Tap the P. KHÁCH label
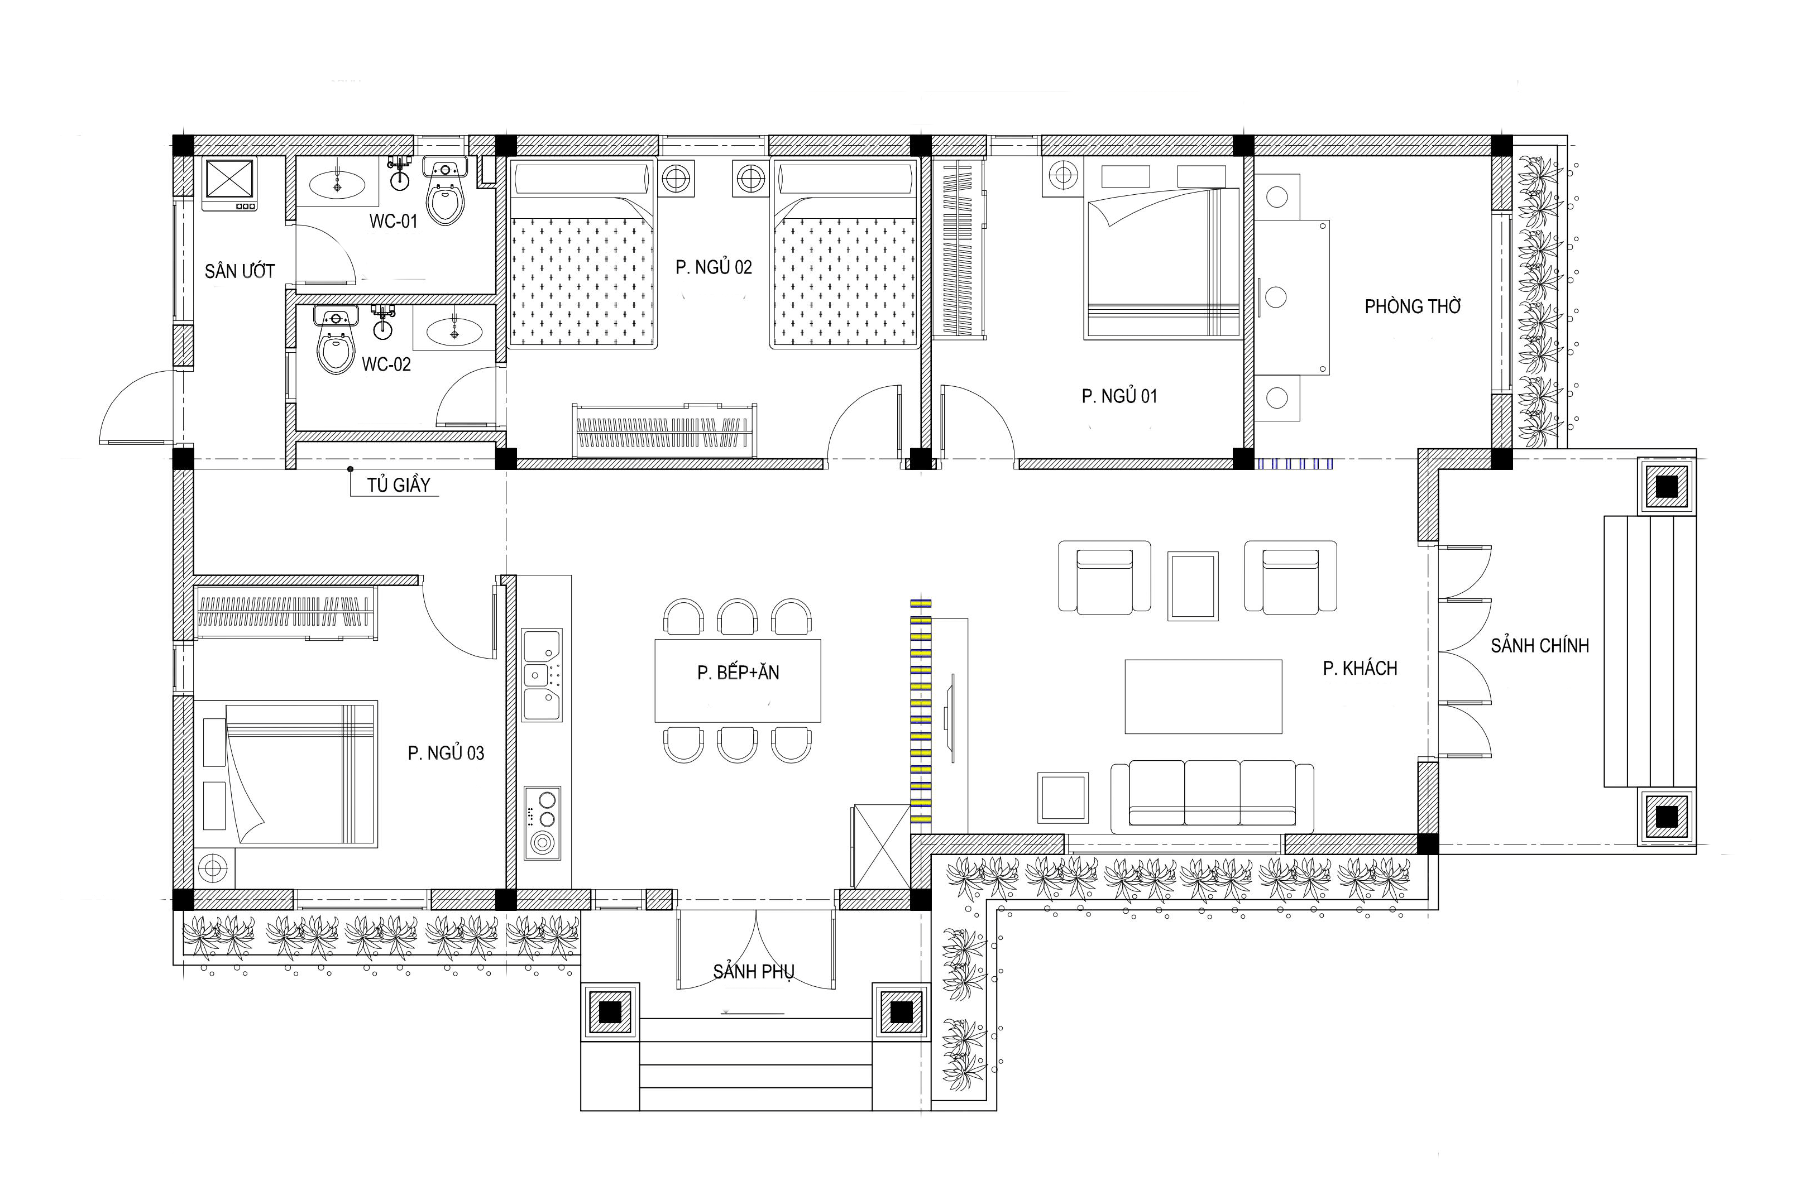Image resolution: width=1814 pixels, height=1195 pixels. click(x=1360, y=668)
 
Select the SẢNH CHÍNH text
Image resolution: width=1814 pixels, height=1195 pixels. click(x=1540, y=646)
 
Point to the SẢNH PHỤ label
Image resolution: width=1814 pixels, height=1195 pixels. click(x=753, y=972)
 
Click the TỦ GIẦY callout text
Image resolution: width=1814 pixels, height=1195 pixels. click(x=398, y=484)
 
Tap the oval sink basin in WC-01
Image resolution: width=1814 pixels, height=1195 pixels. click(x=336, y=184)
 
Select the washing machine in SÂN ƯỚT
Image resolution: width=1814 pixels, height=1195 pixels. click(x=229, y=184)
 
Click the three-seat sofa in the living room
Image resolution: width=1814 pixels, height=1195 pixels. click(x=1212, y=796)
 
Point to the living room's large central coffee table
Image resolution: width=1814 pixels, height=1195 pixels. click(x=1204, y=697)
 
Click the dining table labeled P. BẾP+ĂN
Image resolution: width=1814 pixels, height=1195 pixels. click(x=738, y=680)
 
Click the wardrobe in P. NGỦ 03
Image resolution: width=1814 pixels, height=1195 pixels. click(x=285, y=613)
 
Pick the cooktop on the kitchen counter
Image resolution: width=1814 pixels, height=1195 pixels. click(x=543, y=824)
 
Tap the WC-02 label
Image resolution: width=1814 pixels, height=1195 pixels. click(x=386, y=364)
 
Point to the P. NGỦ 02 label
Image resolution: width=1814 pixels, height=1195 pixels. click(x=714, y=267)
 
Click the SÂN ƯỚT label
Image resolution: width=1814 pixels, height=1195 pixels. click(x=240, y=271)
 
